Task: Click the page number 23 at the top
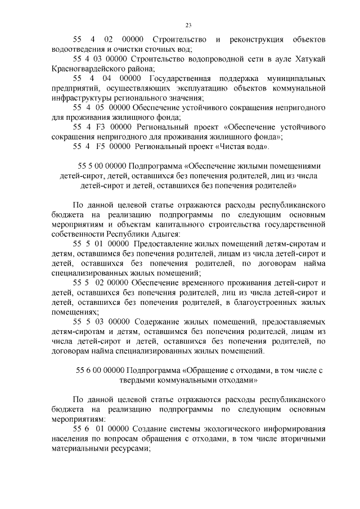click(188, 24)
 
